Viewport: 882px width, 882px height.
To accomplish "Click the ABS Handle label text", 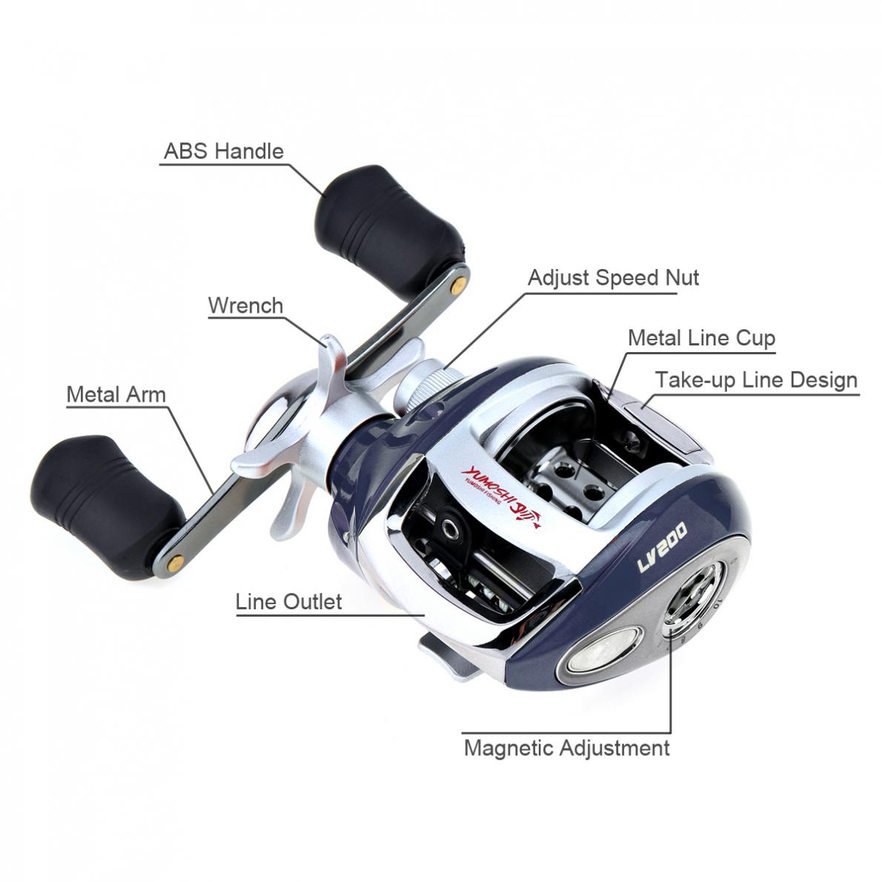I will (x=223, y=151).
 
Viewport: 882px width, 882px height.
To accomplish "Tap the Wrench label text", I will (x=245, y=305).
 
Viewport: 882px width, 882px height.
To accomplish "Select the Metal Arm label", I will (x=116, y=394).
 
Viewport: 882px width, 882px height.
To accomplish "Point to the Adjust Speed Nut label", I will (x=613, y=278).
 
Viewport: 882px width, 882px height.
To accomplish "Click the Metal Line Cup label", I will (x=701, y=338).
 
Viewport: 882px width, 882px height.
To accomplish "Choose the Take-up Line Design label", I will (x=756, y=380).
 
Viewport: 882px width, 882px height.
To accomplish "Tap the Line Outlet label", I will (x=288, y=601).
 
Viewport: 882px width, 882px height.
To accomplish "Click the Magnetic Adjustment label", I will (x=566, y=747).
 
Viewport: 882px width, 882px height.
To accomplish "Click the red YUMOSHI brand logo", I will (x=501, y=491).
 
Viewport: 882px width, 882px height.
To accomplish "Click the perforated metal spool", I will (x=563, y=474).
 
